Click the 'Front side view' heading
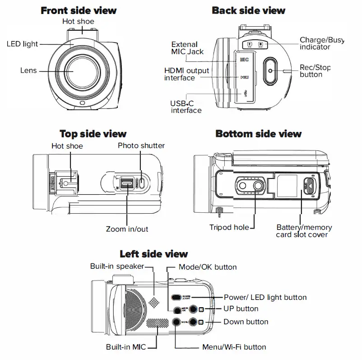pyautogui.click(x=79, y=10)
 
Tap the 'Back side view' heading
pyautogui.click(x=248, y=10)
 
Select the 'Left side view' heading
pyautogui.click(x=153, y=254)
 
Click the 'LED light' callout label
pyautogui.click(x=22, y=44)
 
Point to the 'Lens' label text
pyautogui.click(x=28, y=70)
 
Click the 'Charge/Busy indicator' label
pyautogui.click(x=321, y=44)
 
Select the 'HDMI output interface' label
pyautogui.click(x=186, y=74)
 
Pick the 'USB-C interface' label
pyautogui.click(x=186, y=107)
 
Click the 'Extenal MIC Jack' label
pyautogui.click(x=187, y=48)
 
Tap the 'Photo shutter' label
pyautogui.click(x=141, y=145)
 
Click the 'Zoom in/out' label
pyautogui.click(x=127, y=229)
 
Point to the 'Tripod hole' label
pyautogui.click(x=229, y=227)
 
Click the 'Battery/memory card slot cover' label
pyautogui.click(x=303, y=231)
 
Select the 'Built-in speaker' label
pyautogui.click(x=117, y=266)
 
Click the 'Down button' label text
pyautogui.click(x=246, y=322)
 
